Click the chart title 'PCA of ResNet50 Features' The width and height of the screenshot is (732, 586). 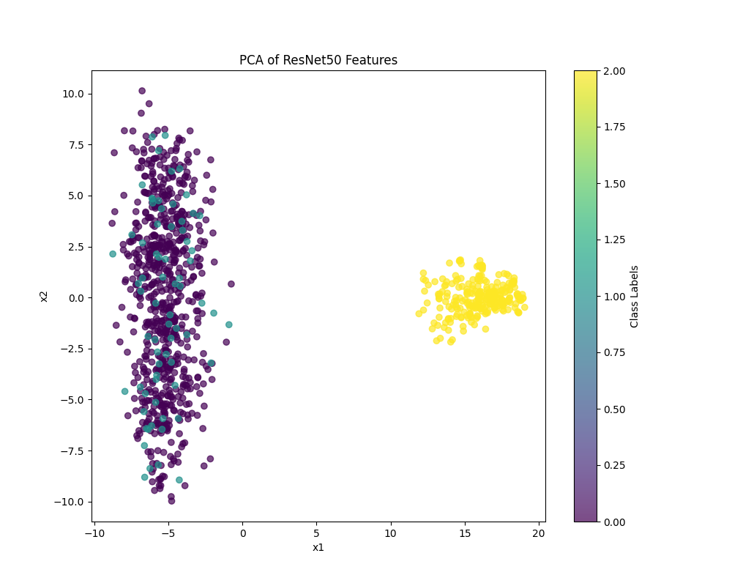[318, 60]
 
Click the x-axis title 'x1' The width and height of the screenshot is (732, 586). [318, 547]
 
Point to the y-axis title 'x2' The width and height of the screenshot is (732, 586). [44, 296]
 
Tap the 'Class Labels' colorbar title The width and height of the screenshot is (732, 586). [635, 296]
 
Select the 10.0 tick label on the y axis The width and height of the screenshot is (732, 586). [72, 94]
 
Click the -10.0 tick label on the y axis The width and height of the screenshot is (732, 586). [70, 502]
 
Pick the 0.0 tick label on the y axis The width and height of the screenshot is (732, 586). [75, 297]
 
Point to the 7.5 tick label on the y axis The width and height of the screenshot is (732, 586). [75, 144]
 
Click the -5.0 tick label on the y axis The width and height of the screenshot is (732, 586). [72, 400]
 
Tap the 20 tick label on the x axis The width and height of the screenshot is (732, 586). [539, 533]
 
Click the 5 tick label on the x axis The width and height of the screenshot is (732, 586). [316, 533]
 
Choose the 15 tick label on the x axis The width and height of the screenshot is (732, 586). [465, 533]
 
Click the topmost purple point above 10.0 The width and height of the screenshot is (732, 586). [142, 91]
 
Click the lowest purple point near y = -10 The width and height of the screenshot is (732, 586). [171, 501]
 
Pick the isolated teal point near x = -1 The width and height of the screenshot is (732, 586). [228, 324]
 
